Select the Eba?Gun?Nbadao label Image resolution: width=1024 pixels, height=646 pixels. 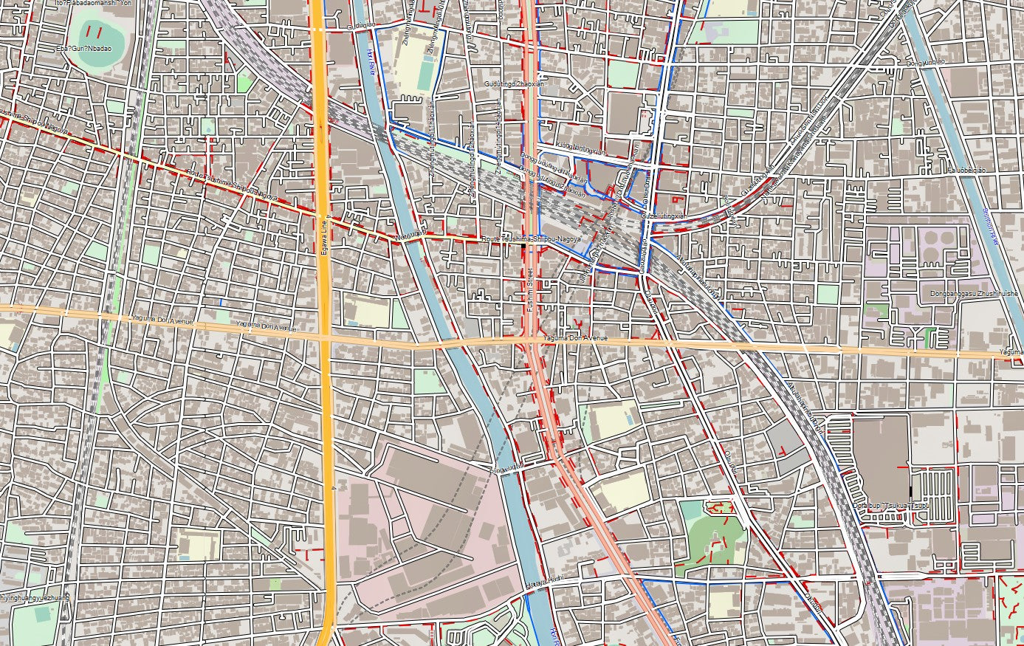pos(83,48)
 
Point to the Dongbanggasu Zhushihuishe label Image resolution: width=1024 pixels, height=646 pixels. pos(974,294)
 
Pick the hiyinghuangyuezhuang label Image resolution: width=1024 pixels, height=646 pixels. pos(34,597)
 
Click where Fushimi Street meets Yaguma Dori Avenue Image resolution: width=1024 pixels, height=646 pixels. pos(532,339)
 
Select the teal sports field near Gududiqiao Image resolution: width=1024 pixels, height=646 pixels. pos(426,75)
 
